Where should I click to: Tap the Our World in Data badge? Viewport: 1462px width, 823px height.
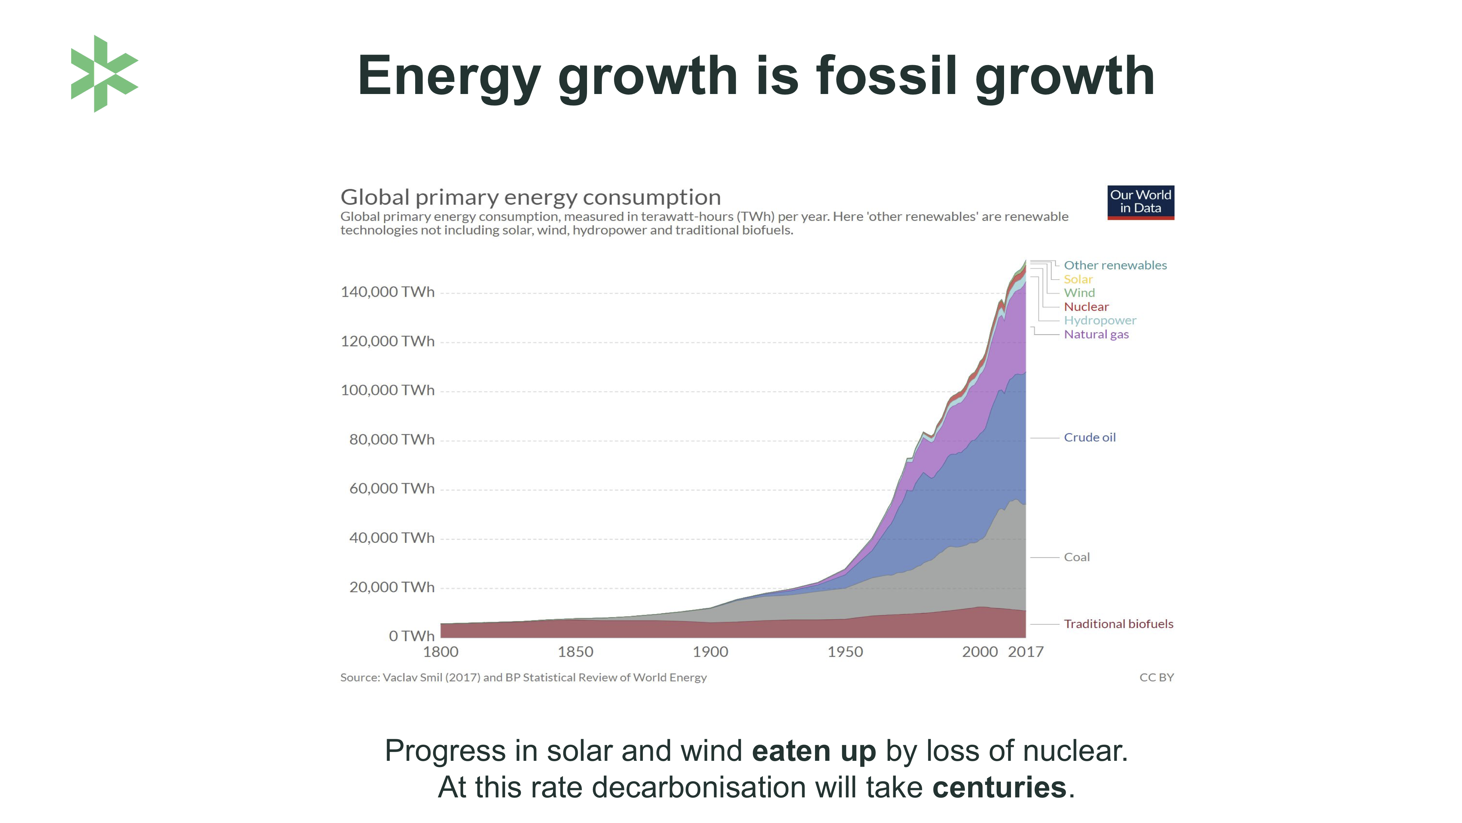[x=1140, y=202]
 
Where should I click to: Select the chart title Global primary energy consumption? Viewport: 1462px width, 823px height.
[x=530, y=198]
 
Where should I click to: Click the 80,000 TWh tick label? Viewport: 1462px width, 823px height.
[x=391, y=440]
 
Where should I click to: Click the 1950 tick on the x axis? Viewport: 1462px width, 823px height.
[x=845, y=652]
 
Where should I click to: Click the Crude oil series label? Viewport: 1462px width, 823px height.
[x=1089, y=437]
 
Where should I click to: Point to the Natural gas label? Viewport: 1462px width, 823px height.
[x=1096, y=335]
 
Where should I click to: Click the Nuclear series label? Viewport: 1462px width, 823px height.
[x=1086, y=307]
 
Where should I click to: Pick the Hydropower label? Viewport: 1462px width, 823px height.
[x=1099, y=320]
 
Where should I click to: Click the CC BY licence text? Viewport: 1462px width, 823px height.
[x=1156, y=677]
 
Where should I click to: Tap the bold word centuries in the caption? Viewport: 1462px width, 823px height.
[x=999, y=788]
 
